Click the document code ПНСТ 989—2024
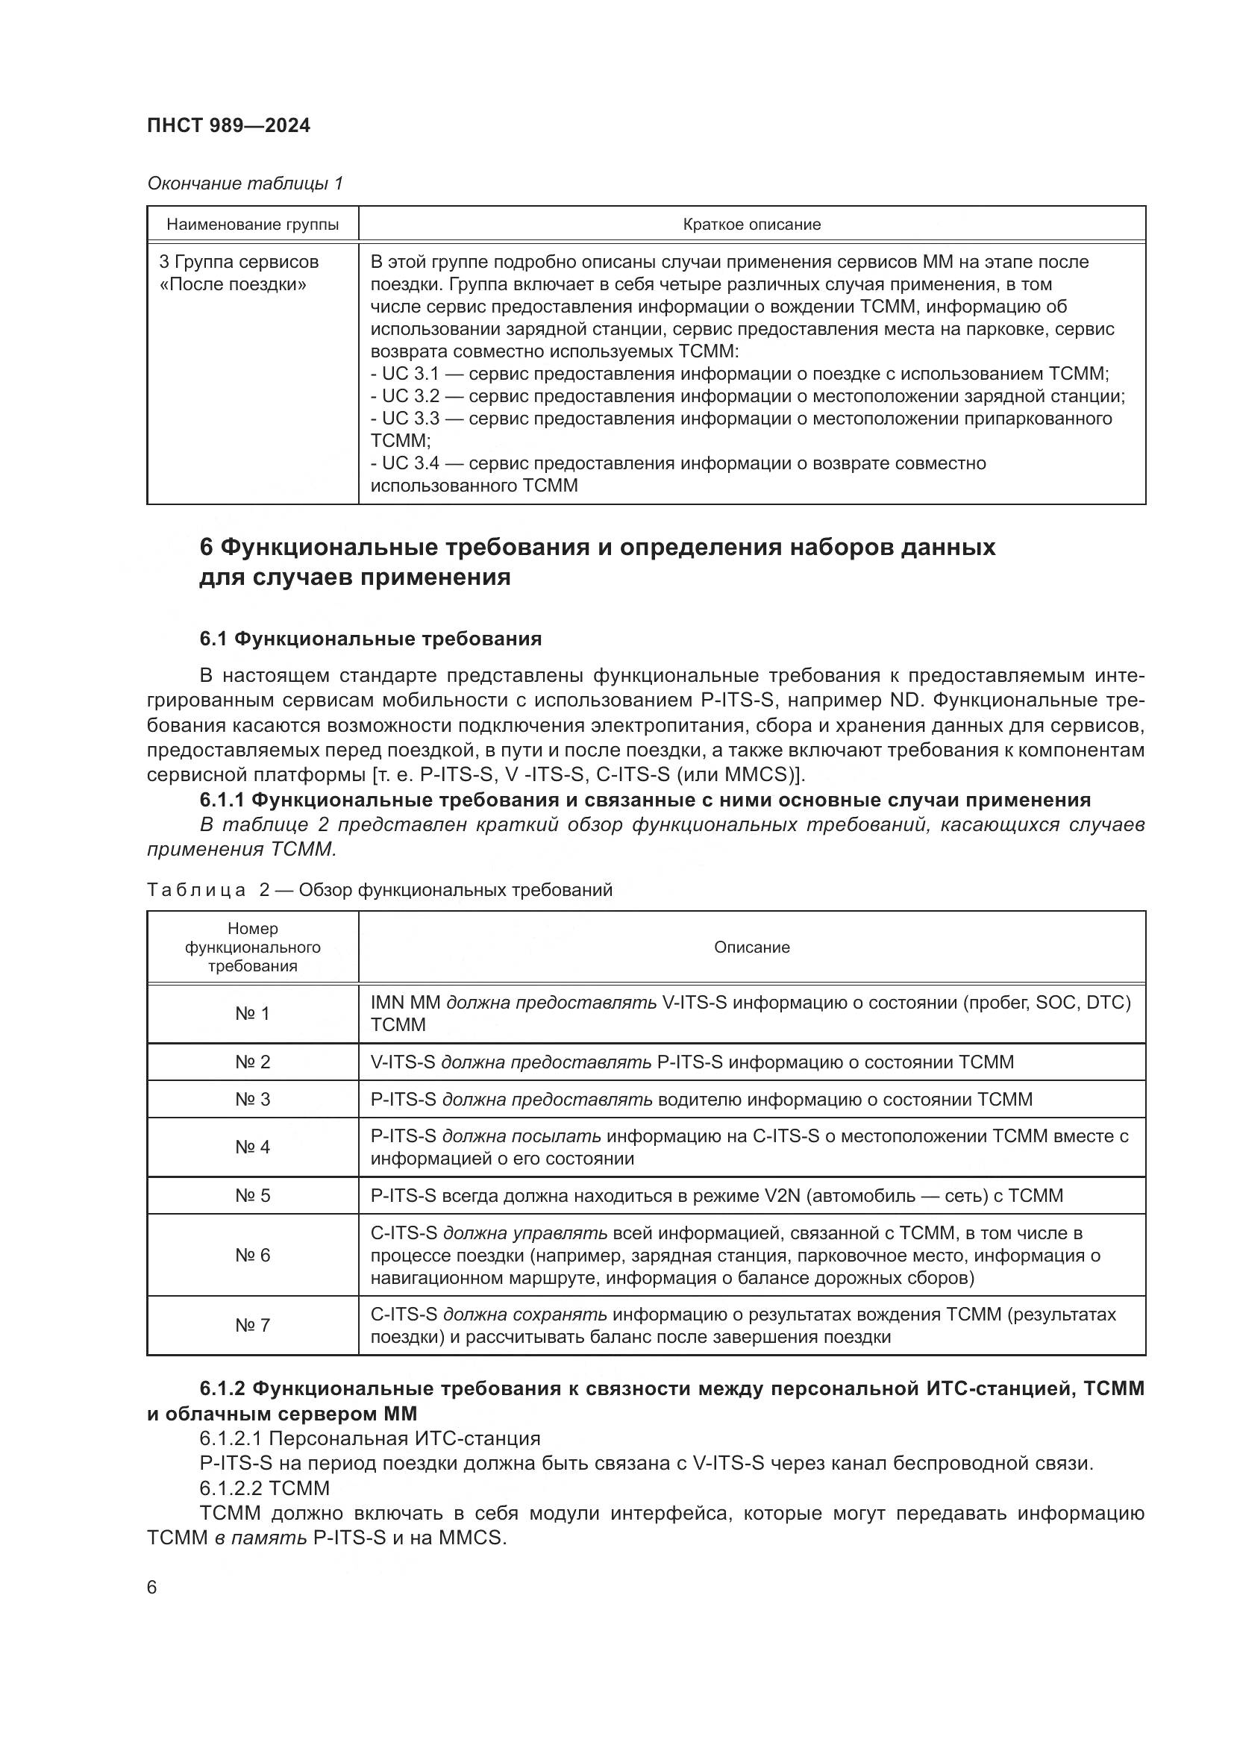click(x=229, y=126)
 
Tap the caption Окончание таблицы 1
click(x=245, y=184)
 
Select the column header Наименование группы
click(x=252, y=225)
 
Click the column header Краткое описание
click(x=751, y=225)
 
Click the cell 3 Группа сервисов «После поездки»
click(x=239, y=273)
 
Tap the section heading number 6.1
click(x=213, y=639)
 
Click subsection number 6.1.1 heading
click(x=222, y=801)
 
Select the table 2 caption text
click(x=379, y=890)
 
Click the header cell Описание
click(x=751, y=947)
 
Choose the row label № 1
click(x=252, y=1014)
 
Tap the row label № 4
click(x=252, y=1147)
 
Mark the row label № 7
click(x=252, y=1326)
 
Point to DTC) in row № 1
click(x=1109, y=1003)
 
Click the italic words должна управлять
click(x=524, y=1233)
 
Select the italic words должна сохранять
click(x=524, y=1315)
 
